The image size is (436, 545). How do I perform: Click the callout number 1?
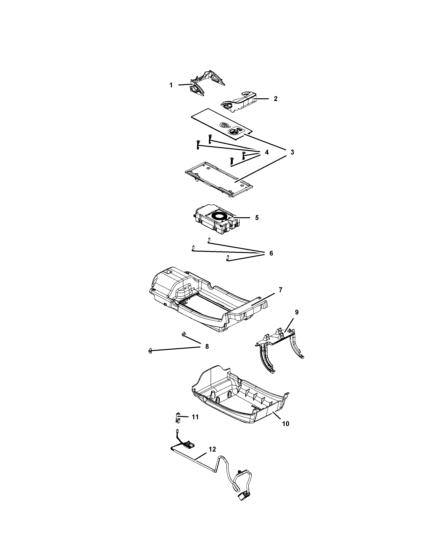click(x=171, y=85)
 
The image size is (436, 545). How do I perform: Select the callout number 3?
click(x=292, y=152)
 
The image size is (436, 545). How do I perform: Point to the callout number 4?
click(x=267, y=152)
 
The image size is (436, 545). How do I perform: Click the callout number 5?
click(x=257, y=218)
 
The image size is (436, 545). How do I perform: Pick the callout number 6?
click(x=271, y=253)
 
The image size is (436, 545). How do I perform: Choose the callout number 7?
click(x=280, y=290)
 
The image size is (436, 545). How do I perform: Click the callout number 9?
click(x=297, y=312)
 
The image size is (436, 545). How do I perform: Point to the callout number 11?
click(x=195, y=417)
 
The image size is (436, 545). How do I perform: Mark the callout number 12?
click(x=212, y=449)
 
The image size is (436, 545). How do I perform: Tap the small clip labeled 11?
click(x=178, y=418)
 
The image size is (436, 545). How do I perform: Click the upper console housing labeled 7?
click(x=205, y=301)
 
